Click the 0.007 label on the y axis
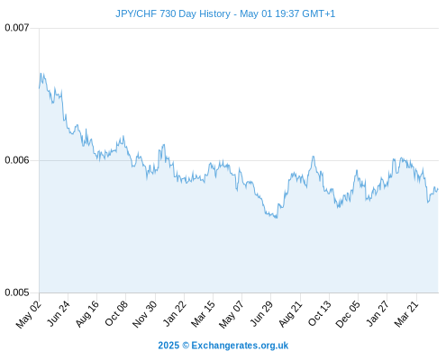pos(17,28)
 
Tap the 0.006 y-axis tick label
pos(17,160)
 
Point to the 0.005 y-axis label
pos(17,292)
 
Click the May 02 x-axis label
pos(29,314)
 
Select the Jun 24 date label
pos(59,313)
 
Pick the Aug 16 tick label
pos(86,314)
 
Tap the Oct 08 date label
pos(116,313)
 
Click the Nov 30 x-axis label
pos(144,314)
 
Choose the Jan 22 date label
pos(174,313)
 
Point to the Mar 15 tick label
pos(203,314)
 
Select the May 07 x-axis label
pos(232,314)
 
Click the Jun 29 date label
pos(261,313)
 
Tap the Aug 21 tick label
pos(290,314)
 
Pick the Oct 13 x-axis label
pos(320,313)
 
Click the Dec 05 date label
pos(348,314)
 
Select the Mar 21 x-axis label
pos(406,314)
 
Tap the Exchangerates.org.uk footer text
pos(240,346)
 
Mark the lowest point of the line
pos(277,218)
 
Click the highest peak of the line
pos(41,73)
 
